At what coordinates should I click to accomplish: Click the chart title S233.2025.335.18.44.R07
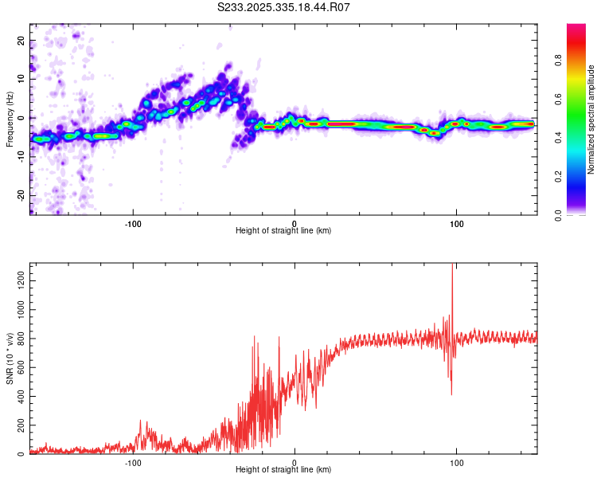pyautogui.click(x=284, y=8)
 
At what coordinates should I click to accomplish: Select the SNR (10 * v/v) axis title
pyautogui.click(x=9, y=358)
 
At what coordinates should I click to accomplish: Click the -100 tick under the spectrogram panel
pyautogui.click(x=133, y=222)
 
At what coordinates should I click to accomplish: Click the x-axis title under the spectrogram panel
pyautogui.click(x=283, y=231)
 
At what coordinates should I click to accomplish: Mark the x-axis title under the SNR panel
pyautogui.click(x=283, y=471)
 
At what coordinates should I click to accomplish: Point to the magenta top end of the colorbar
pyautogui.click(x=576, y=28)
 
